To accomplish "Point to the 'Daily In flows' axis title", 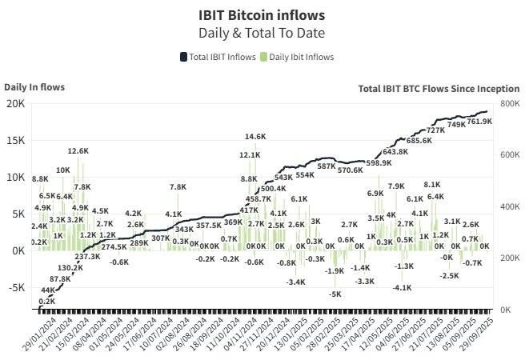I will (x=34, y=86).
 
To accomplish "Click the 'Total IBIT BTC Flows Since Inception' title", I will (x=439, y=89).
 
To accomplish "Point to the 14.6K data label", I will (x=255, y=137).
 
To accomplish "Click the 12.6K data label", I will (x=78, y=150).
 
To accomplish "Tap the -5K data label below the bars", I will (x=335, y=294).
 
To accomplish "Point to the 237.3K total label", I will (x=88, y=257).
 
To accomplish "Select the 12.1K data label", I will (x=249, y=155).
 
